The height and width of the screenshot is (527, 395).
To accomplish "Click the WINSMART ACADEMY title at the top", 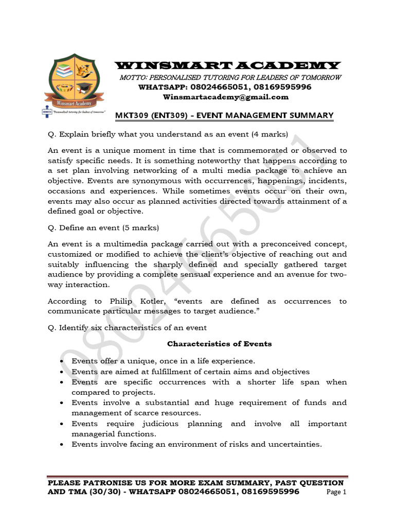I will (227, 65).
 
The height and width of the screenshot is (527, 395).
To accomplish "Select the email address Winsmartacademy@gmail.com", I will (226, 97).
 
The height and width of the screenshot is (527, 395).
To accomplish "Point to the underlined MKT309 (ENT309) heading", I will (224, 115).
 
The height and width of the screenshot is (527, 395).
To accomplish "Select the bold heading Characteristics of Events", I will (220, 343).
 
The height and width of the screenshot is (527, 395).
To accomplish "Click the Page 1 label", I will (337, 492).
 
